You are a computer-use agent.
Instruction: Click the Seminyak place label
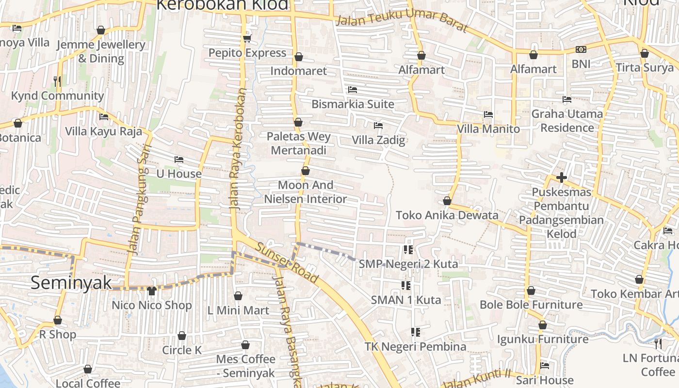[x=71, y=283]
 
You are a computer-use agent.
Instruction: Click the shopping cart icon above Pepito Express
[x=247, y=38]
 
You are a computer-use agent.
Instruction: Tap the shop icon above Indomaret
[x=299, y=57]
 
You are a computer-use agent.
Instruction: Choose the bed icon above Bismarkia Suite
[x=353, y=90]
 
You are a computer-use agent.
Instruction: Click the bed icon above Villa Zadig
[x=378, y=126]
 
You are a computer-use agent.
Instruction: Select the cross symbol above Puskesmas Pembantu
[x=562, y=178]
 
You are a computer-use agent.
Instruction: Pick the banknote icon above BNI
[x=581, y=49]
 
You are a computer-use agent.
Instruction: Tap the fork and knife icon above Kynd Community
[x=57, y=81]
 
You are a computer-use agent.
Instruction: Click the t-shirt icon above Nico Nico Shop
[x=151, y=291]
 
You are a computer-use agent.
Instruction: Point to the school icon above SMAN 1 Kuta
[x=406, y=285]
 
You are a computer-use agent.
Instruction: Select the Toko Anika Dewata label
[x=447, y=215]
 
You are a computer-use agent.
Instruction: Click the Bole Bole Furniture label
[x=531, y=305]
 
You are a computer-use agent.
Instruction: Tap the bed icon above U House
[x=178, y=159]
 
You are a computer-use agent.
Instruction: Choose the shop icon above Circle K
[x=182, y=336]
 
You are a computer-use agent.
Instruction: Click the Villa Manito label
[x=488, y=129]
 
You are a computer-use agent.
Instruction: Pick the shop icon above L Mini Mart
[x=238, y=296]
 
